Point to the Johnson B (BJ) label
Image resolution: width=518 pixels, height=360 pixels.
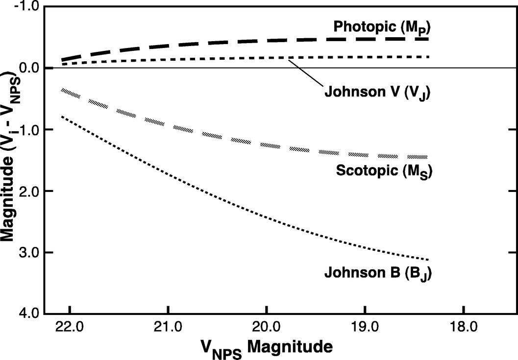tap(377, 272)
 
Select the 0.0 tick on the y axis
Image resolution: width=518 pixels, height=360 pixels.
tap(29, 68)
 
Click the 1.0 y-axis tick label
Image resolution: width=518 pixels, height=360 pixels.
tap(29, 130)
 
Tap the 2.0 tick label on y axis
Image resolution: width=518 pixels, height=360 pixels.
tap(29, 191)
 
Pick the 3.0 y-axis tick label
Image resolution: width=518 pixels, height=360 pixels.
tap(29, 253)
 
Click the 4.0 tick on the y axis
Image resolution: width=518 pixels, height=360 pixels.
tap(29, 313)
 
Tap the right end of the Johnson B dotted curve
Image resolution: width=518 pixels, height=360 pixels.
tap(427, 259)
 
